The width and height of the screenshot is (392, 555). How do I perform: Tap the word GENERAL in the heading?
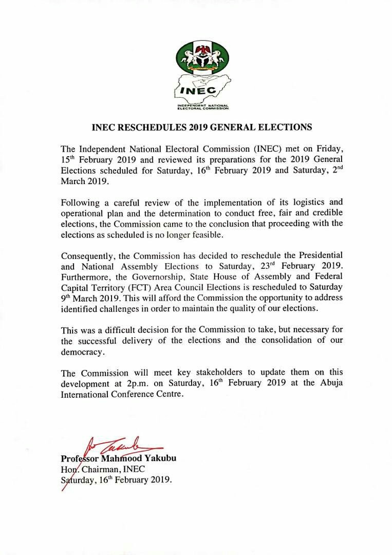pyautogui.click(x=256, y=126)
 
